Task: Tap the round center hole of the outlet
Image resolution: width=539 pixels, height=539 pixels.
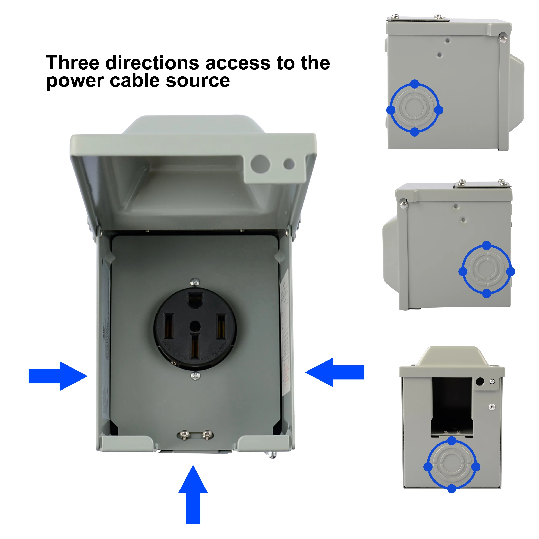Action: click(195, 326)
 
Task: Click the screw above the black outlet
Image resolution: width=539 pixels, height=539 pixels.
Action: click(195, 282)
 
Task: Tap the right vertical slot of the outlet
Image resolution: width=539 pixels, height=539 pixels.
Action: click(221, 326)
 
